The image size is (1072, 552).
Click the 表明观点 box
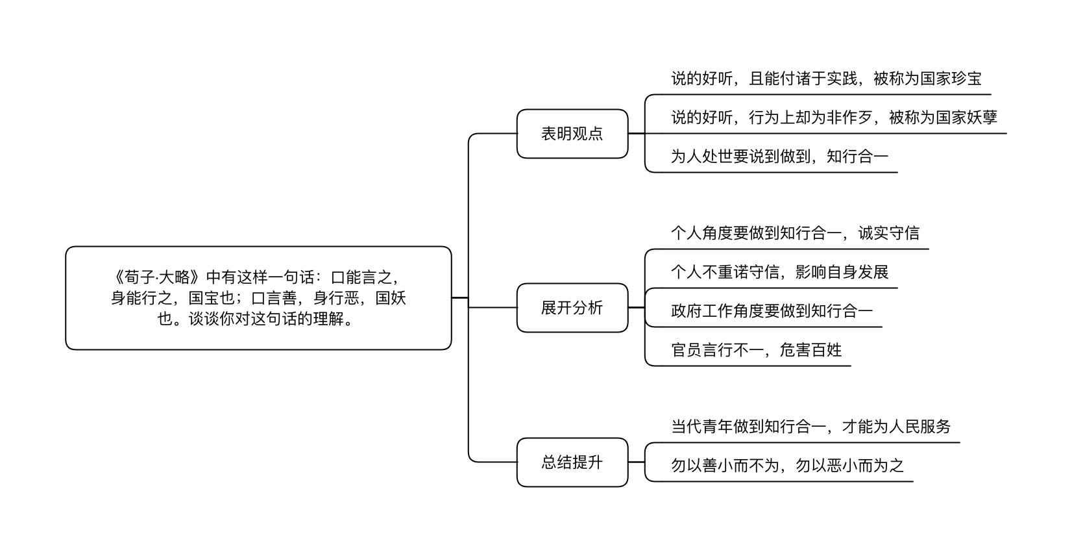[x=572, y=134]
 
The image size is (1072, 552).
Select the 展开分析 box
[x=572, y=308]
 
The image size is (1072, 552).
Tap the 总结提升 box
[x=572, y=462]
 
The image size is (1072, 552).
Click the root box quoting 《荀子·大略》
[x=258, y=298]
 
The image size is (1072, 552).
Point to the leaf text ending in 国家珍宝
[x=826, y=79]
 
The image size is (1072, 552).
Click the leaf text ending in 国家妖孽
[x=834, y=118]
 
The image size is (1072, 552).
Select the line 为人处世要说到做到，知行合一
[x=779, y=156]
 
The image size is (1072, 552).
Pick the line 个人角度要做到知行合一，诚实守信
[x=795, y=233]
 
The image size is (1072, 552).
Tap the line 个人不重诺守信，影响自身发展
[x=779, y=272]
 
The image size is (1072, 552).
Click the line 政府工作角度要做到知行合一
[x=772, y=310]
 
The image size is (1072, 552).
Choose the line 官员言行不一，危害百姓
[x=756, y=349]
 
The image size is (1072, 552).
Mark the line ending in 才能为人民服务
[x=810, y=427]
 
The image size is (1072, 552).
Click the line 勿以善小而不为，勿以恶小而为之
[x=787, y=466]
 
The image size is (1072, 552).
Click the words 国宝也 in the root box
[x=212, y=298]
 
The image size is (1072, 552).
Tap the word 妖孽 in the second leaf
[x=982, y=118]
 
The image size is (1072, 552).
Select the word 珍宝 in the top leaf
[x=966, y=79]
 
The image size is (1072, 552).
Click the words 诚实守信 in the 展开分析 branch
[x=889, y=233]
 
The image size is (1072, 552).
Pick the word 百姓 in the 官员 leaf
[x=827, y=349]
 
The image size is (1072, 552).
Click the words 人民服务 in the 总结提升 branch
[x=920, y=427]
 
